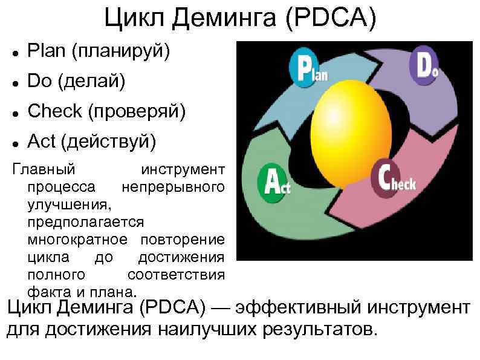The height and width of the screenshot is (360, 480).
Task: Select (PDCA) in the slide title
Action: tap(332, 19)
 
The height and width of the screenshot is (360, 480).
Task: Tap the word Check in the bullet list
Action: tap(54, 111)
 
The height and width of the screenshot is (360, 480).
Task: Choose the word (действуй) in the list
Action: tap(114, 142)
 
